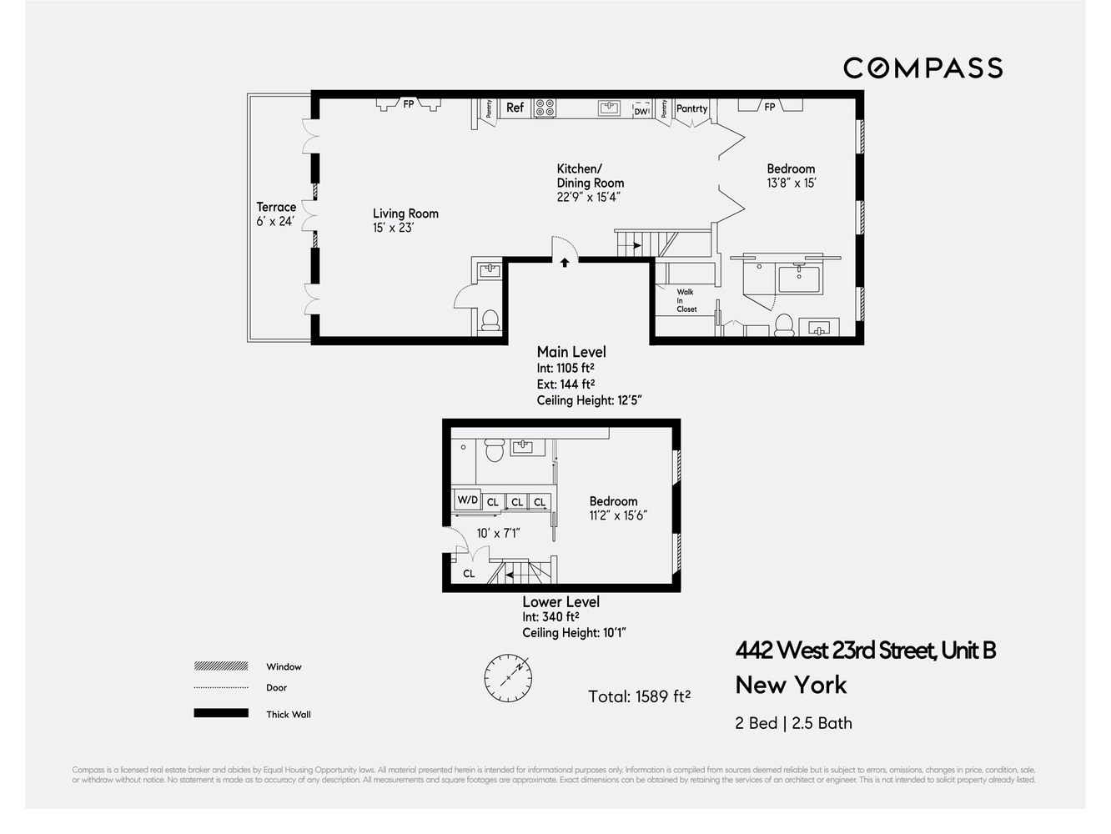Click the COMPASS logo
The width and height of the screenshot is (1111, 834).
tap(922, 68)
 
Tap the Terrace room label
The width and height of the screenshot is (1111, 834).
tap(276, 207)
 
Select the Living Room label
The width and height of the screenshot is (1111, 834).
tap(405, 214)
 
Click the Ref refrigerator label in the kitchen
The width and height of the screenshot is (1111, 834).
tap(515, 108)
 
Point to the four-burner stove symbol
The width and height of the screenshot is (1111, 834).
tap(545, 108)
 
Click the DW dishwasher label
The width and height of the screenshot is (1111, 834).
tap(641, 111)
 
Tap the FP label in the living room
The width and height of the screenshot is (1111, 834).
tap(409, 104)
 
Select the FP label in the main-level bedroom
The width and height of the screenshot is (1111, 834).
tap(770, 107)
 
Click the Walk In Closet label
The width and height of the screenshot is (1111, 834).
tap(686, 300)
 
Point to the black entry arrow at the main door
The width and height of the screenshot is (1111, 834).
tap(565, 263)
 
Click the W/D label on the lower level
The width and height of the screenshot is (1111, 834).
tap(467, 500)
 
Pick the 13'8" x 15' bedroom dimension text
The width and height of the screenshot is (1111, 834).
tap(791, 183)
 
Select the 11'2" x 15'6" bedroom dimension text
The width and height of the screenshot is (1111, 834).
tap(618, 515)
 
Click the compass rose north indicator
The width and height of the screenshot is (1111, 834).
tap(508, 677)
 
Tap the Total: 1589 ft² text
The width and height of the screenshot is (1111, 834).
tap(639, 696)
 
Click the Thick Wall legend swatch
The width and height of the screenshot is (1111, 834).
tap(221, 713)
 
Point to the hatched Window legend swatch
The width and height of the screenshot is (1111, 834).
tap(221, 666)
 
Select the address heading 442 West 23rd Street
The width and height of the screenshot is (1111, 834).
tap(865, 650)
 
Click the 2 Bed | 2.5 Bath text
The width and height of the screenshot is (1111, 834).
tap(793, 723)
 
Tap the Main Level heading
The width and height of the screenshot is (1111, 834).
tap(571, 352)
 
